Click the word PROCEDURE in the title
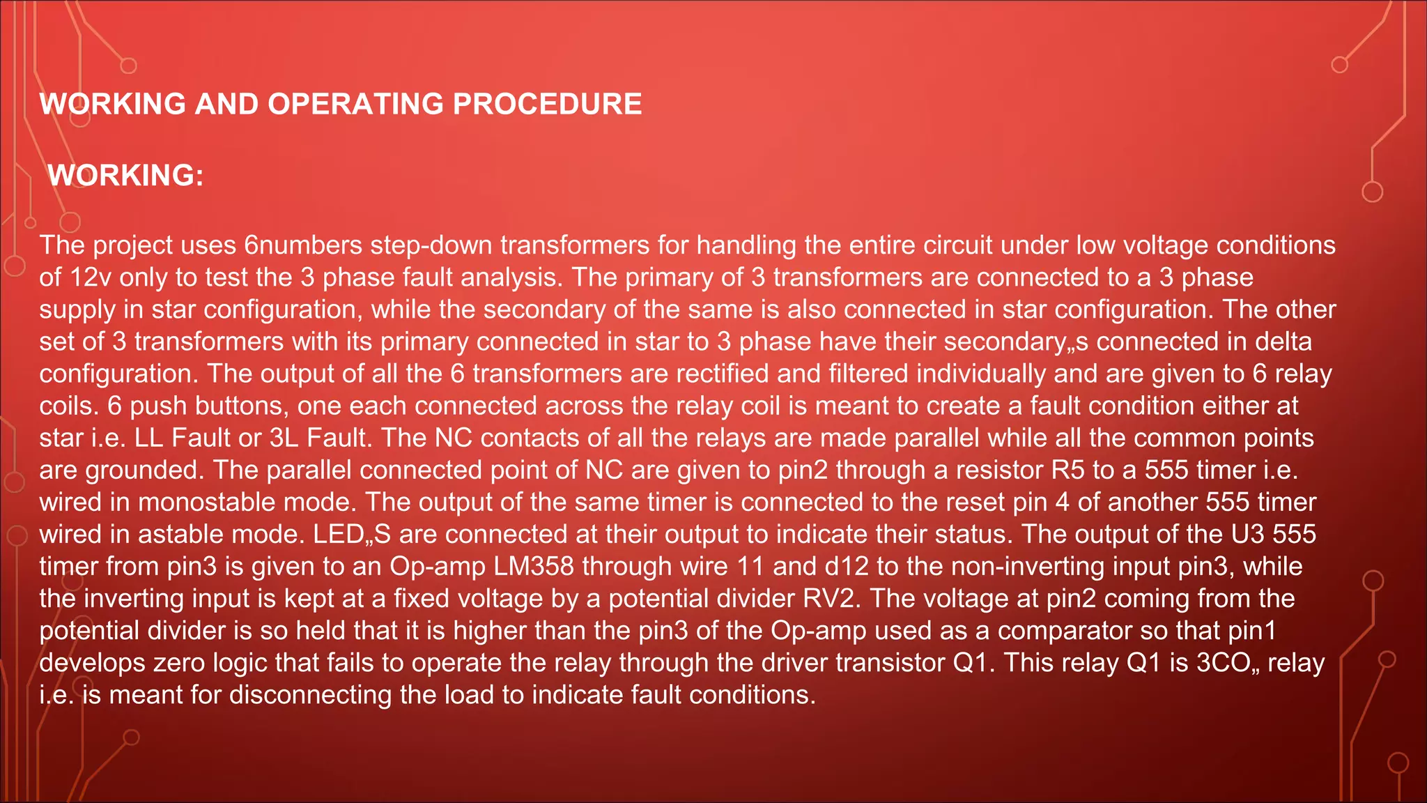pos(547,105)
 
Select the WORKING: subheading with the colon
pos(125,175)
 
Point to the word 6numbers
pos(303,245)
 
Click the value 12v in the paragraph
pos(91,277)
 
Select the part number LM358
pos(534,566)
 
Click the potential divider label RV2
pos(828,598)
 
